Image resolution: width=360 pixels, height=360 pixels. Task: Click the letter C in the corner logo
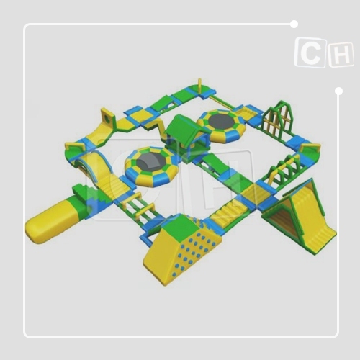311,53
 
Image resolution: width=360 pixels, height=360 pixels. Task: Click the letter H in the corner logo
341,56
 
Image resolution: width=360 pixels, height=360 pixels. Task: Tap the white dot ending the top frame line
294,24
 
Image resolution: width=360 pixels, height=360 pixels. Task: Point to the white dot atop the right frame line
338,91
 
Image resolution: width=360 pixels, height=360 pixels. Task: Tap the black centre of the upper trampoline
221,121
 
